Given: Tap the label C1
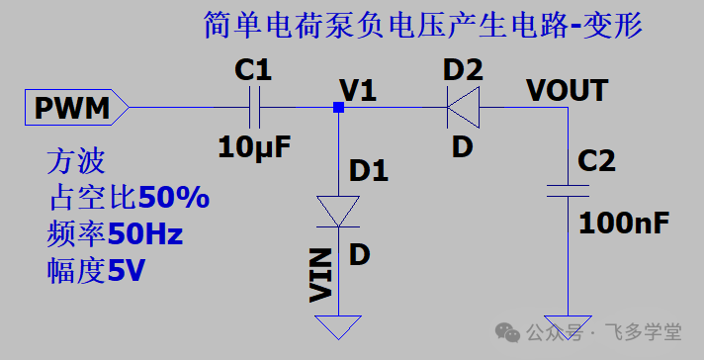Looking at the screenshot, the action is (252, 70).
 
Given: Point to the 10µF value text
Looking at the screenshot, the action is (255, 148).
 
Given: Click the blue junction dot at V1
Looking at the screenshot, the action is (339, 107).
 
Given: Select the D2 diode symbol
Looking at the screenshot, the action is (462, 107).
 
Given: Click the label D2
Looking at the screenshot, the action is (463, 70).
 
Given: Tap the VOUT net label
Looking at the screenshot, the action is (567, 91).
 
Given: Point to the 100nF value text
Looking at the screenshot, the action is (624, 223).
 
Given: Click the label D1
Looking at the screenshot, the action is (369, 169).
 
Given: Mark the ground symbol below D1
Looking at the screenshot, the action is (339, 326).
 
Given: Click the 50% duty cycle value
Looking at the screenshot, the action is (173, 198).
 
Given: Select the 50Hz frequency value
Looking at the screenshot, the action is (145, 234).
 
